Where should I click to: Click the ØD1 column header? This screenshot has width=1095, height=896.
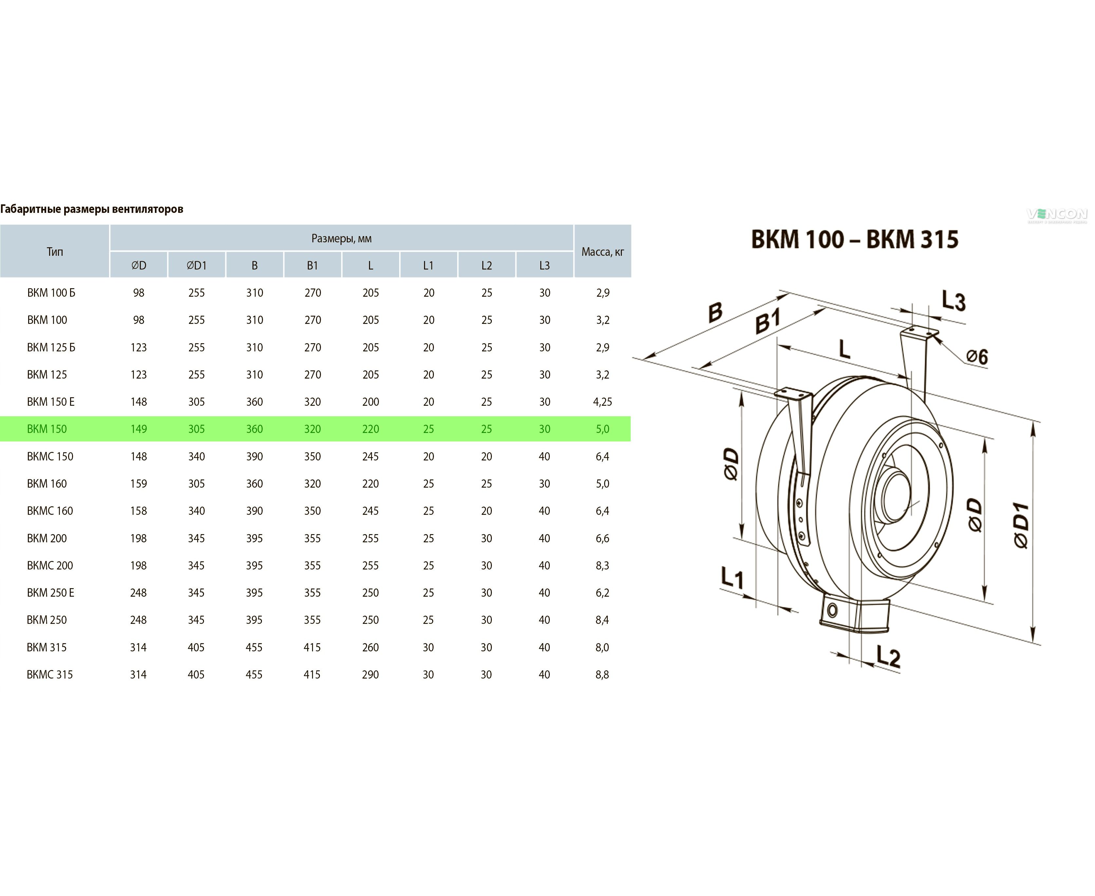pos(196,265)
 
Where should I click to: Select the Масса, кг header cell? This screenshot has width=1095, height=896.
pos(602,252)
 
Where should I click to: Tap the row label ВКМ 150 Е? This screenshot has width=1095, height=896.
pos(50,401)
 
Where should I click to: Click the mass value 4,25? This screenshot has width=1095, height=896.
pos(602,401)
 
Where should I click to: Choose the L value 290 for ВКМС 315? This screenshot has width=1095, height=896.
pos(370,675)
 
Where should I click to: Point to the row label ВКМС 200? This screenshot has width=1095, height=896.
pos(50,565)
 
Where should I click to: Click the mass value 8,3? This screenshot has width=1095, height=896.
pos(602,565)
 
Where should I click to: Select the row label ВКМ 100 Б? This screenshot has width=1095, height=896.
pos(51,293)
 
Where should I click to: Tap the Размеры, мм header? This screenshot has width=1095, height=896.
pos(341,238)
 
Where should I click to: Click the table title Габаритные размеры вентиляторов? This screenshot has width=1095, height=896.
pos(92,209)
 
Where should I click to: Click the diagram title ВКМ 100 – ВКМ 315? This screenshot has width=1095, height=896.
pos(855,239)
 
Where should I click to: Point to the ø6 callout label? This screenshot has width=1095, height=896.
pos(976,356)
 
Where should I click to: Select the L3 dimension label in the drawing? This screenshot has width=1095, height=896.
pos(953,301)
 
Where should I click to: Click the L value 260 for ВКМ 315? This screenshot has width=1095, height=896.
pos(370,647)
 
